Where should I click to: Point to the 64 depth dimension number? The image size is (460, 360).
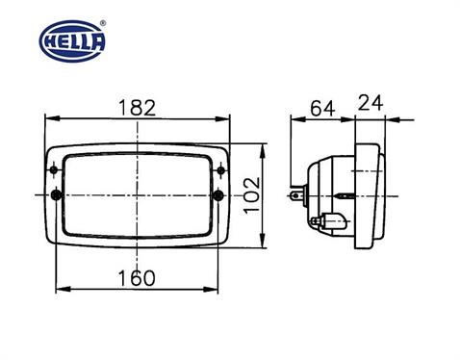coord(323,108)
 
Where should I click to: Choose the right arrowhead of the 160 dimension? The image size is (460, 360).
coord(217,288)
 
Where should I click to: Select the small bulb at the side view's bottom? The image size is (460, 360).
coord(327,220)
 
